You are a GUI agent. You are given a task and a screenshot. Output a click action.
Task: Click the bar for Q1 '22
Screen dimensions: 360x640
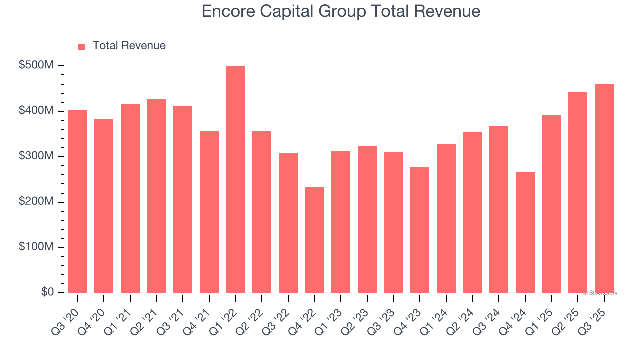pos(236,180)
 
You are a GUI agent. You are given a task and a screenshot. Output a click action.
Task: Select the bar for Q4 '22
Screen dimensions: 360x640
pos(315,240)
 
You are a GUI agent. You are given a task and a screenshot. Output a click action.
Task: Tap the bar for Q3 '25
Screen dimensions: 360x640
pos(604,188)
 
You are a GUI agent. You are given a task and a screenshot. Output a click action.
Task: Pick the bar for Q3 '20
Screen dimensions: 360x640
pos(78,201)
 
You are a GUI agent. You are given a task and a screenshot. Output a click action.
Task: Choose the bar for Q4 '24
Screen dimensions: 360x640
pos(525,232)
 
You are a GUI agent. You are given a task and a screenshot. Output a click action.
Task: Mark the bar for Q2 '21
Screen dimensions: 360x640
pos(157,196)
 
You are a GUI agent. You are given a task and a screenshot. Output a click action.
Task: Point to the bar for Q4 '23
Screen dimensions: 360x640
pos(420,230)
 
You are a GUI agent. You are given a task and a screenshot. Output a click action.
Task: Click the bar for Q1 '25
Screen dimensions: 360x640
pos(552,204)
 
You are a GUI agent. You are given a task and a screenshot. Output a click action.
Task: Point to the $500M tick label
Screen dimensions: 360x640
pos(36,66)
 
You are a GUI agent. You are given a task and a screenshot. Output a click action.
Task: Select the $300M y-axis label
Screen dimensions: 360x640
pos(36,156)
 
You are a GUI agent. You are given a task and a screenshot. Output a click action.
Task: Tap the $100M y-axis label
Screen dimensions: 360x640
pos(36,247)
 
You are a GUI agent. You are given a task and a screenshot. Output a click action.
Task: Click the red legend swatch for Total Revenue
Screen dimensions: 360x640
pos(82,46)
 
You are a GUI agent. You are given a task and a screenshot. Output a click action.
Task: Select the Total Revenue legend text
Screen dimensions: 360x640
pos(129,46)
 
